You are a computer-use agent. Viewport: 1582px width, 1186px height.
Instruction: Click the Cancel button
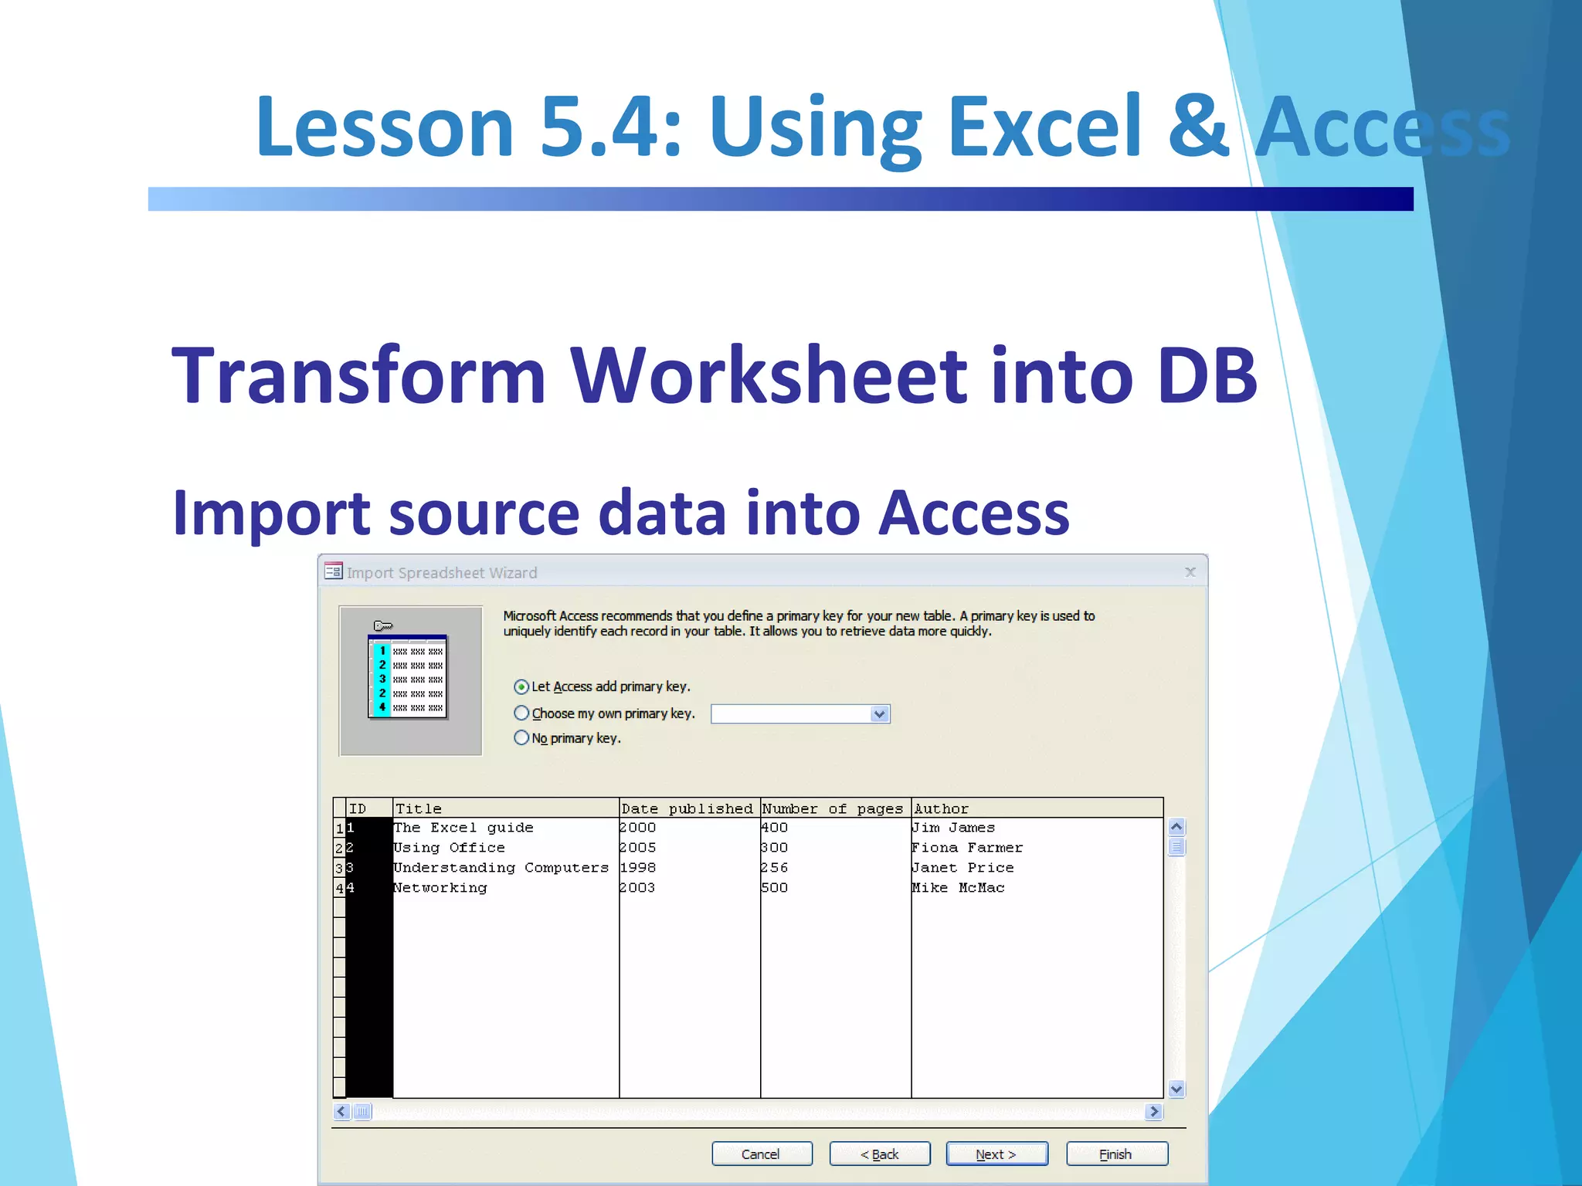[x=761, y=1154]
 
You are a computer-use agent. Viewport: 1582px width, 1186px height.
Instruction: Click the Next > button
[x=996, y=1154]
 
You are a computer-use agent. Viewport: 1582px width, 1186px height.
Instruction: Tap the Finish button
[x=1116, y=1154]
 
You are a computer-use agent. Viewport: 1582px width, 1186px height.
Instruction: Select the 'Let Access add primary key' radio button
[x=521, y=686]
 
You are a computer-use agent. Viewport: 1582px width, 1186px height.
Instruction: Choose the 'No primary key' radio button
[x=521, y=738]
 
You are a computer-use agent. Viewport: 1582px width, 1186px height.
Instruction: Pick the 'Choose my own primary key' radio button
[x=521, y=713]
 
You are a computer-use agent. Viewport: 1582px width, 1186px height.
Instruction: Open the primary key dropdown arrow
[x=879, y=714]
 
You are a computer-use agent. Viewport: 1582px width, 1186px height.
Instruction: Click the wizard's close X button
[x=1190, y=572]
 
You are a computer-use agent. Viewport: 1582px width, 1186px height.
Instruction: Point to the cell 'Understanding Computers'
[x=501, y=868]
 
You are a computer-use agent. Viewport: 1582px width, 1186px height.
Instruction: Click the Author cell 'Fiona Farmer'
[x=967, y=848]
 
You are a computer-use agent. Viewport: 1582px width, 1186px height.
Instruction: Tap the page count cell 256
[x=774, y=868]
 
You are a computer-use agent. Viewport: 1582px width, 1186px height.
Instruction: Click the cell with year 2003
[x=637, y=888]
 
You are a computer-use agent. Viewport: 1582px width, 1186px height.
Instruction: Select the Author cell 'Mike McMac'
[x=958, y=888]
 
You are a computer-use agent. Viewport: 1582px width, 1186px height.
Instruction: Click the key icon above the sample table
[x=383, y=625]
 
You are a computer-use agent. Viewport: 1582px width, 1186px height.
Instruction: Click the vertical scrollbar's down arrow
[x=1176, y=1089]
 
